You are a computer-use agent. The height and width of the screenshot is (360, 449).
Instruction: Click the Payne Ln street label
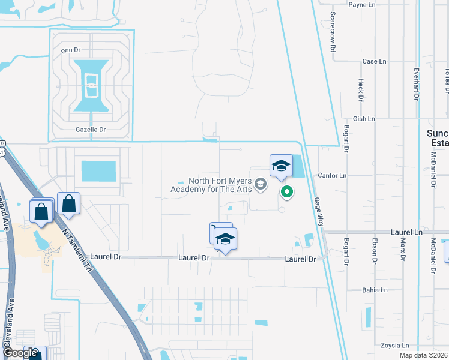pyautogui.click(x=361, y=5)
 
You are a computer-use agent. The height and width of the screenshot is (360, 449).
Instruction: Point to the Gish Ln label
pyautogui.click(x=364, y=119)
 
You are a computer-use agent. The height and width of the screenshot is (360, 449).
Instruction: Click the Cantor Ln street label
pyautogui.click(x=334, y=176)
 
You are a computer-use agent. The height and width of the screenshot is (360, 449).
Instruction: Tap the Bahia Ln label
pyautogui.click(x=375, y=290)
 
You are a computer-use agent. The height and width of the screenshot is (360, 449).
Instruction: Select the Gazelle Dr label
pyautogui.click(x=91, y=129)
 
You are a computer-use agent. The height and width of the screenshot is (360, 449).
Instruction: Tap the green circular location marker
pyautogui.click(x=287, y=192)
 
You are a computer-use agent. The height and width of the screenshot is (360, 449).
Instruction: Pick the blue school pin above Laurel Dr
pyautogui.click(x=225, y=239)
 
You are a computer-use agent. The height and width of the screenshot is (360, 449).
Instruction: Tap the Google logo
pyautogui.click(x=19, y=353)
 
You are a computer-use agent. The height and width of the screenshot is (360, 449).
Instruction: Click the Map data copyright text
pyautogui.click(x=424, y=355)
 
